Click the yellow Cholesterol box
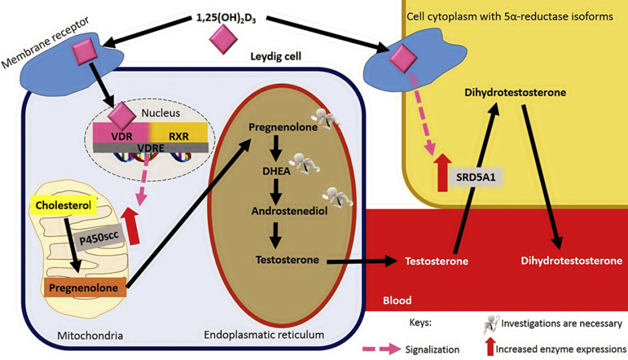click(x=63, y=205)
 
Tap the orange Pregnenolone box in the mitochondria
click(x=83, y=288)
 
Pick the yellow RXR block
click(x=179, y=132)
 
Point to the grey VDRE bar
click(x=151, y=148)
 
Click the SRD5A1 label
click(x=476, y=177)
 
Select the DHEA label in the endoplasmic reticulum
click(x=277, y=171)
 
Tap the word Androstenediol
click(x=289, y=211)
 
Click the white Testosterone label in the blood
click(x=437, y=261)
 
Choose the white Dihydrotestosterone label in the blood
click(x=572, y=261)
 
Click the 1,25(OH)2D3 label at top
click(x=226, y=18)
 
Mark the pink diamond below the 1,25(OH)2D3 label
click(x=223, y=39)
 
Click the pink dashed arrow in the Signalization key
click(x=381, y=349)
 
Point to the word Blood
click(x=397, y=301)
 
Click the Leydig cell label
click(x=275, y=56)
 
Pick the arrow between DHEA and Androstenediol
click(x=276, y=191)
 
